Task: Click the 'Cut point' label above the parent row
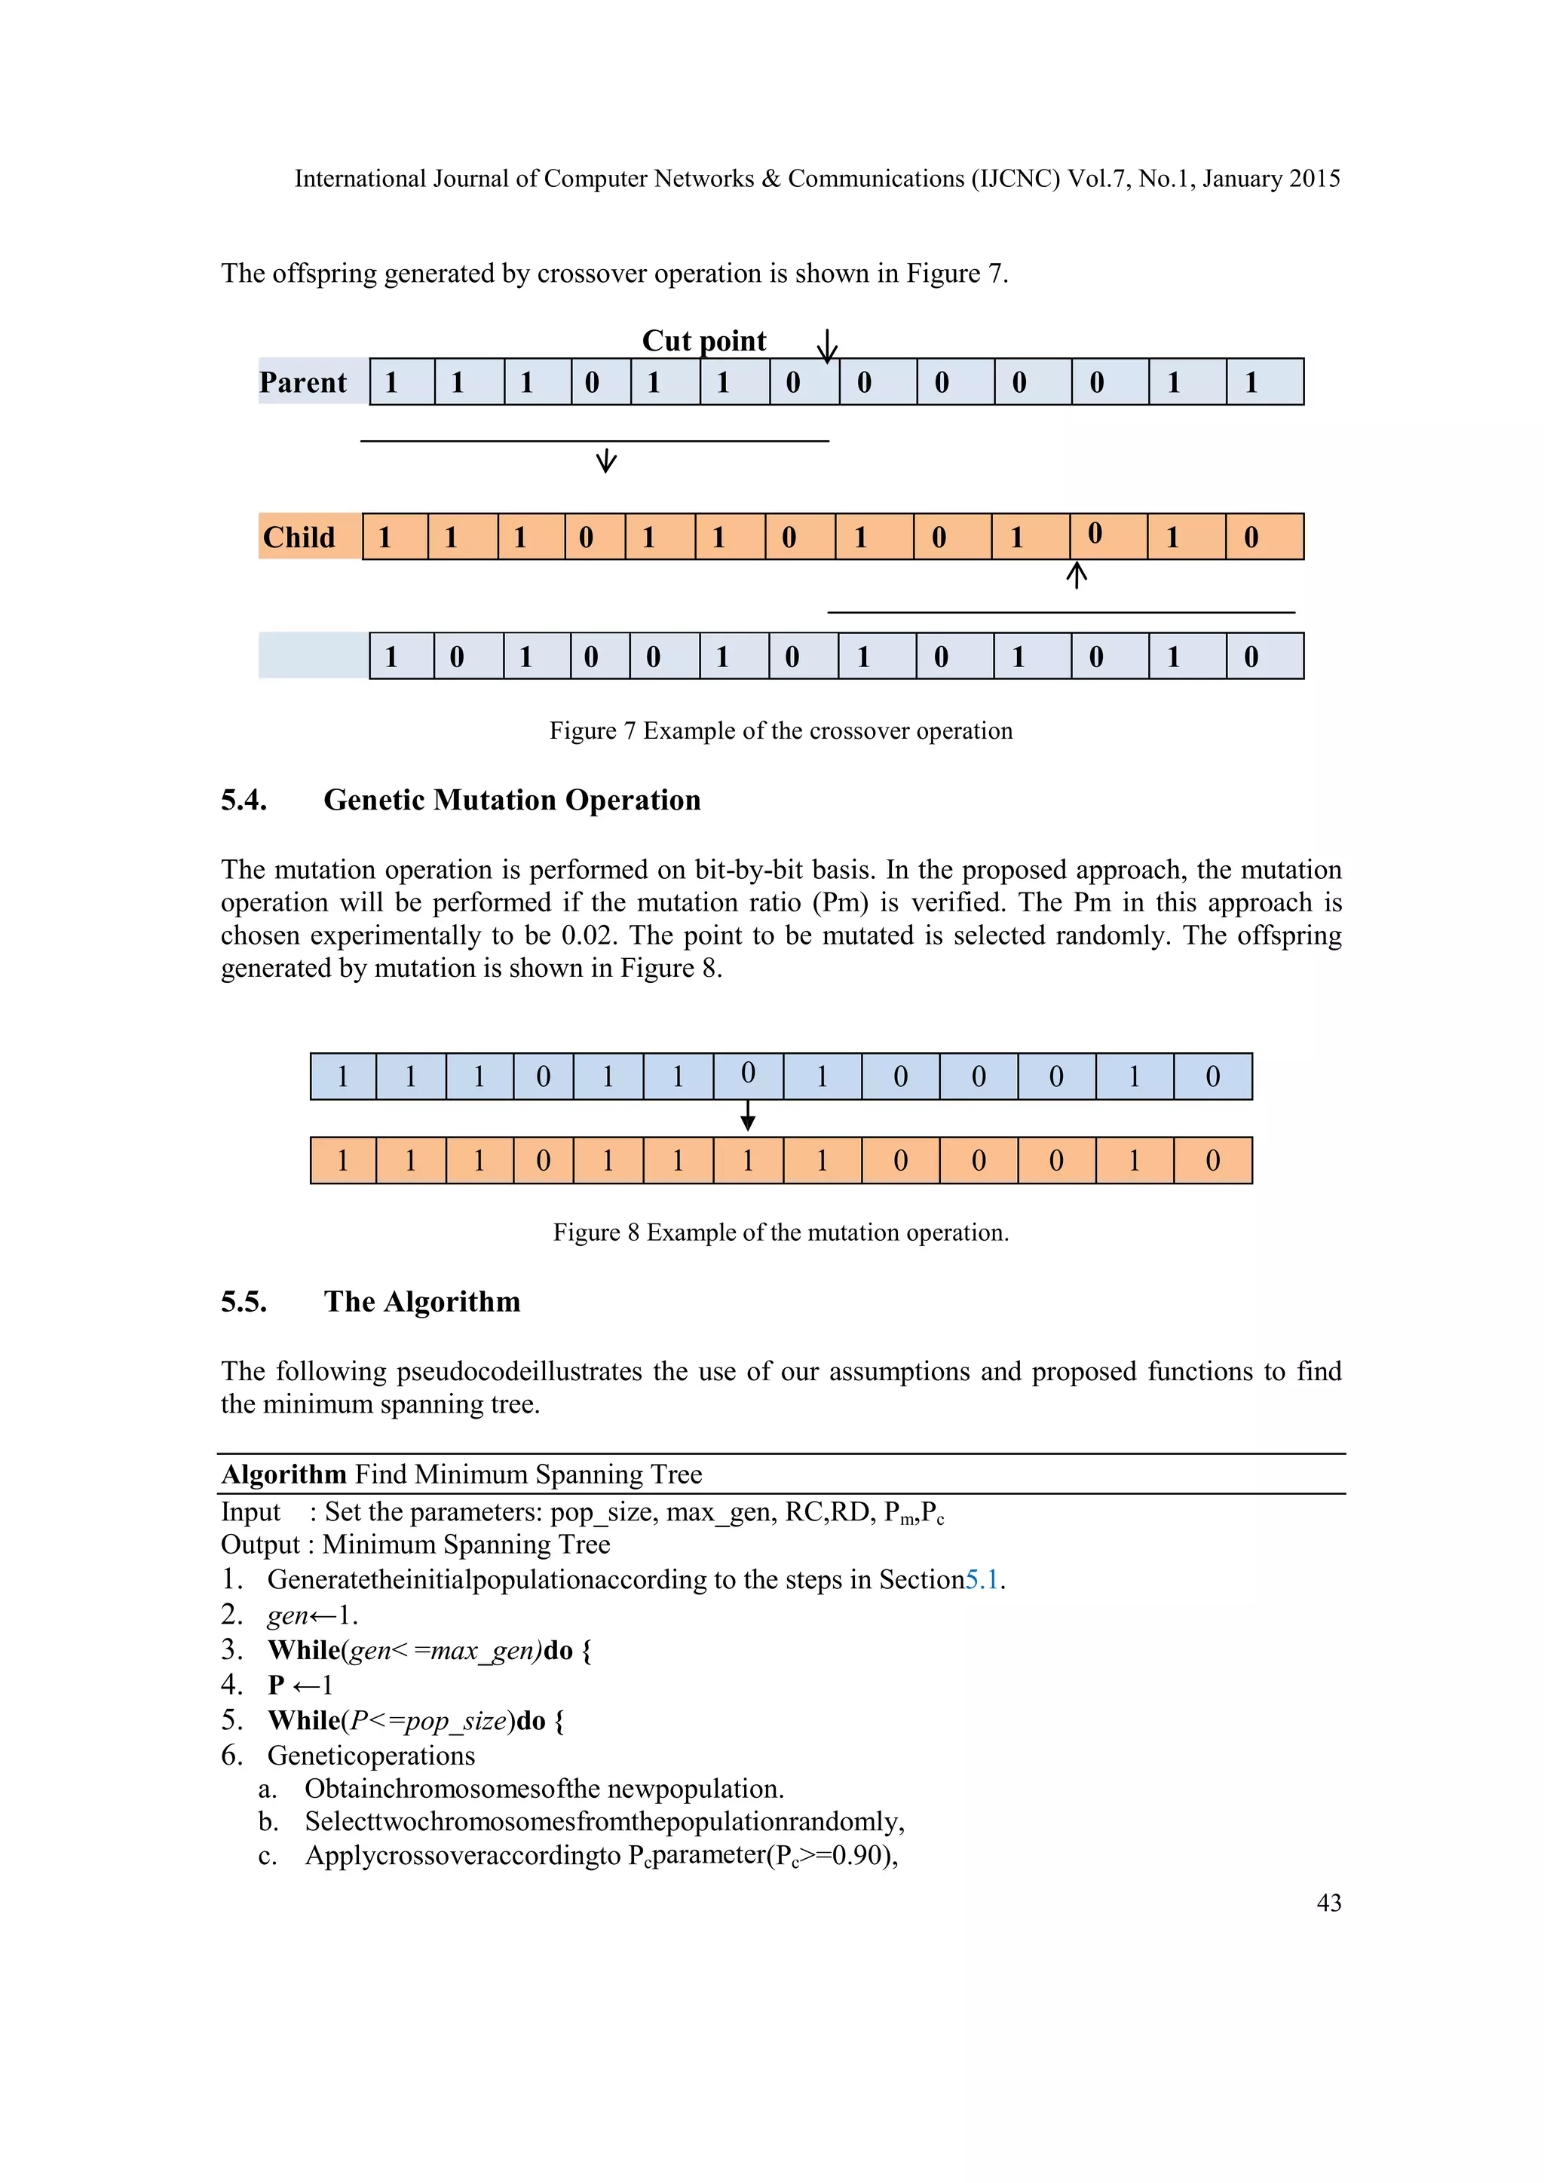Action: [x=703, y=341]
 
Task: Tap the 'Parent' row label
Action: [x=303, y=382]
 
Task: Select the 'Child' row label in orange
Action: [x=299, y=537]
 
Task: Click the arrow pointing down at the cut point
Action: [x=827, y=346]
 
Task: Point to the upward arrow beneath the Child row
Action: [x=1077, y=574]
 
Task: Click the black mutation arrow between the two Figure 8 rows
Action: [x=748, y=1116]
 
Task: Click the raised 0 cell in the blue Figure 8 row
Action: [x=748, y=1076]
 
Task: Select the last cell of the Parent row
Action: [x=1264, y=382]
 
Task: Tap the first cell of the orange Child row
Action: [x=394, y=537]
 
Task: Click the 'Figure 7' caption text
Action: [x=780, y=730]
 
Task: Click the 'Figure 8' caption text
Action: [x=780, y=1232]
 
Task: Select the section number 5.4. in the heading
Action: [x=244, y=800]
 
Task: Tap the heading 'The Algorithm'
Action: [x=422, y=1302]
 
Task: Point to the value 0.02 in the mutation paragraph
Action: [x=589, y=935]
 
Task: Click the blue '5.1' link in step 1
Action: [x=982, y=1579]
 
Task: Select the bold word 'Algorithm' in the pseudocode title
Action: [x=283, y=1474]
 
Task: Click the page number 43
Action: [x=1328, y=1903]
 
